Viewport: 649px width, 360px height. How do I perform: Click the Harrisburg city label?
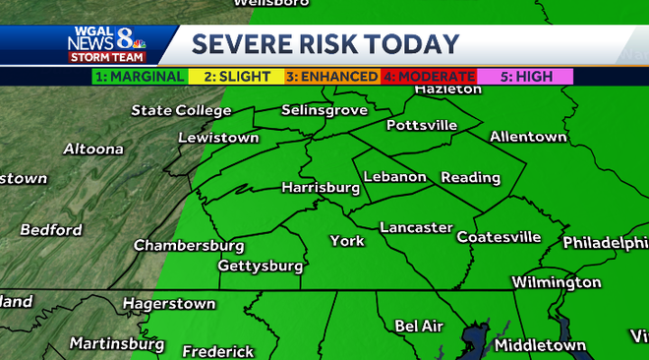point(321,187)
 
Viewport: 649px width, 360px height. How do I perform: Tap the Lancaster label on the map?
point(416,227)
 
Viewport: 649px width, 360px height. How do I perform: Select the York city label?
point(347,241)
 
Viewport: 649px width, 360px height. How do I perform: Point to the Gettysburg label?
point(260,267)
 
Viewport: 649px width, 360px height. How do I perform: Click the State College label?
point(181,110)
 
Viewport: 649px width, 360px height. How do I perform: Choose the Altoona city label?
point(93,150)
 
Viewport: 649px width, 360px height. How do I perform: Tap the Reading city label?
point(471,178)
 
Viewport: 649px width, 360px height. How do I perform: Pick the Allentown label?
point(528,136)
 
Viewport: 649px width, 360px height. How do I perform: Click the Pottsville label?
point(422,125)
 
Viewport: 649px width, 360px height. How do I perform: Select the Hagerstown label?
point(169,304)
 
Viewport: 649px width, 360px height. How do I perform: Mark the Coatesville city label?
point(499,237)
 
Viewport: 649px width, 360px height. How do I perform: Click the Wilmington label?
point(557,282)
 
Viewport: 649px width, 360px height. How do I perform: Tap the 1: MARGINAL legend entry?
point(140,76)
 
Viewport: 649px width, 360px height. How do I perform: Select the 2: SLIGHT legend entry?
point(235,76)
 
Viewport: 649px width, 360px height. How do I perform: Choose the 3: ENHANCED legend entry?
point(331,76)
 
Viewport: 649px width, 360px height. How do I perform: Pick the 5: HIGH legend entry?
point(524,76)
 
